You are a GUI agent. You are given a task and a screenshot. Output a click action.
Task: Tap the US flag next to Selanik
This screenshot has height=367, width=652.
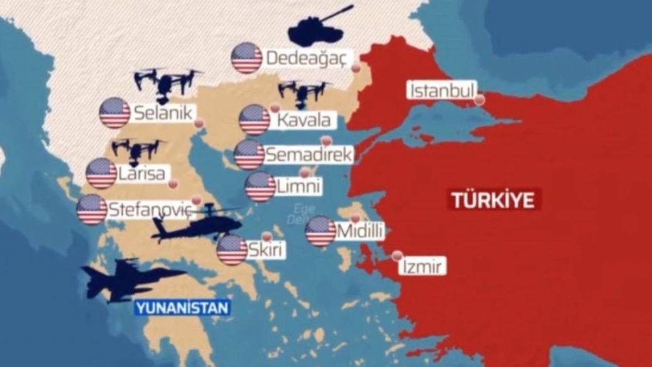pos(115,113)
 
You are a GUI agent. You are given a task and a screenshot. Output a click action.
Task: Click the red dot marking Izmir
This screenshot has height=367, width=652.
pos(398,255)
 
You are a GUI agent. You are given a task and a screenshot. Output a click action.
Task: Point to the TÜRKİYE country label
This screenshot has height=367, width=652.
pos(494,200)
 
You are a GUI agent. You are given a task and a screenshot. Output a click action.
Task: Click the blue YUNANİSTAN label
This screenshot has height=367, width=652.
pos(183,308)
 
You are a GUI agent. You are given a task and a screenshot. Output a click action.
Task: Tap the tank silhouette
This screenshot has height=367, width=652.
pos(318,27)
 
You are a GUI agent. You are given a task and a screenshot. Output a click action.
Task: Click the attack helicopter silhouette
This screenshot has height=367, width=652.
pos(198,225)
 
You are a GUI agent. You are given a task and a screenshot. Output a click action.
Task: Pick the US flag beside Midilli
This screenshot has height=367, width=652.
pos(321,231)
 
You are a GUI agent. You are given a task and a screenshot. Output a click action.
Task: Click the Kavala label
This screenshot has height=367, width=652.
pos(304,120)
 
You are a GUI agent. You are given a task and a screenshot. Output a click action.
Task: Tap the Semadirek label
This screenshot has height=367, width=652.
pos(309,154)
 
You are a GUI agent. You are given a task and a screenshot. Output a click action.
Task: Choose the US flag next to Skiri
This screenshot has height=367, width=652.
pos(232,250)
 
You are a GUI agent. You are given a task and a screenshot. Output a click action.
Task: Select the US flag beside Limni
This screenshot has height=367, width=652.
pos(260,186)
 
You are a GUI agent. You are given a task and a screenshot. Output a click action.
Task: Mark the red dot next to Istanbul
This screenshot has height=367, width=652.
pos(479,99)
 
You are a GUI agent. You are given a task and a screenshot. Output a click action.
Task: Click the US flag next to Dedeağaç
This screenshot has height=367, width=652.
pos(247,58)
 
